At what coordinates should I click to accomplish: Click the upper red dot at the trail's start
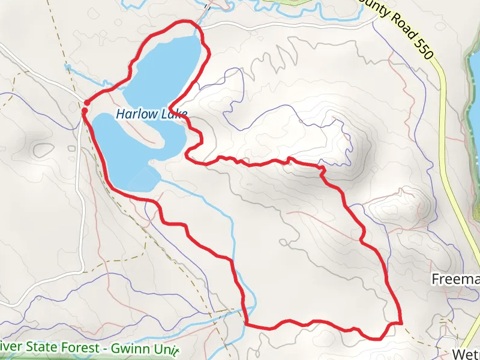pyautogui.click(x=86, y=103)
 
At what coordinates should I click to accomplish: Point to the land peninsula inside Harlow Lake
pyautogui.click(x=147, y=137)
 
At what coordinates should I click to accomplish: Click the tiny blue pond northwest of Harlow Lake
pyautogui.click(x=68, y=67)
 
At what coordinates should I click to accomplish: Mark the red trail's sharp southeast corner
pyautogui.click(x=400, y=322)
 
